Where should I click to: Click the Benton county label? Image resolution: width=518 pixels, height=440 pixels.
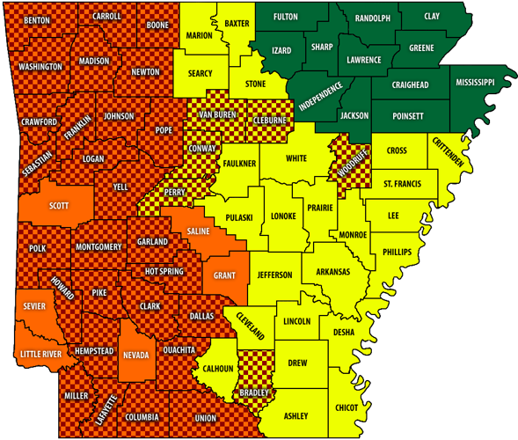[36, 19]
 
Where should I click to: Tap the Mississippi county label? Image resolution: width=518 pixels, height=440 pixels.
[475, 82]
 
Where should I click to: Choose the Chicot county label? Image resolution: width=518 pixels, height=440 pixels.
[347, 407]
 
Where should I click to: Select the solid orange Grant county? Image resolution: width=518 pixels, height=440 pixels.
[224, 275]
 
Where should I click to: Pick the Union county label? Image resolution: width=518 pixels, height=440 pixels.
[205, 417]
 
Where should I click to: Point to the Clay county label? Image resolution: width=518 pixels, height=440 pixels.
[431, 16]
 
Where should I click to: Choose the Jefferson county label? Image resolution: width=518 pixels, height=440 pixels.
[274, 275]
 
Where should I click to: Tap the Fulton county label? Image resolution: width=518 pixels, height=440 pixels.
[285, 17]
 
